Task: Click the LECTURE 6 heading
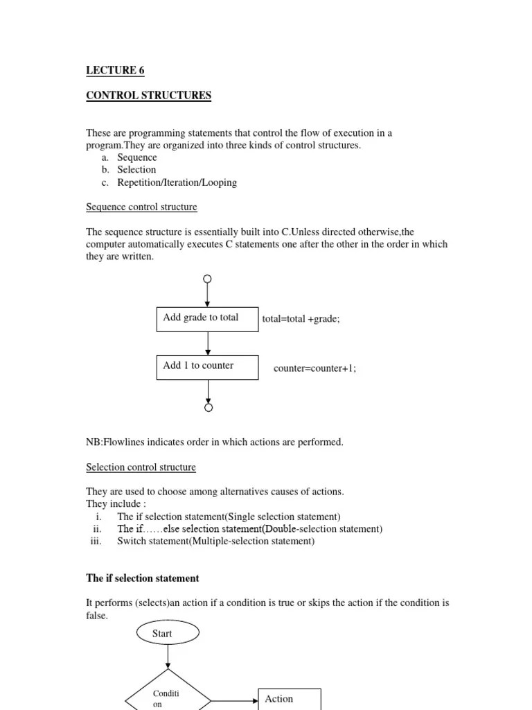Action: pos(115,70)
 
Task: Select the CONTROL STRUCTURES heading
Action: pos(148,95)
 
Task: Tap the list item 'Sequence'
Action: pos(137,157)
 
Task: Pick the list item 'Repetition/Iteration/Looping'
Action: pos(177,182)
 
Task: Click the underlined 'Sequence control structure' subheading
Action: pos(141,207)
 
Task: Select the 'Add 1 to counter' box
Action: pos(207,367)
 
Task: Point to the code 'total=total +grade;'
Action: pos(301,320)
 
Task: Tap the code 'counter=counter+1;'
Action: pos(314,368)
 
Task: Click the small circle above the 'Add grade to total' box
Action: pos(207,279)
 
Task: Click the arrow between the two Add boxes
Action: pos(208,343)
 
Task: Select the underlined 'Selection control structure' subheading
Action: pos(141,467)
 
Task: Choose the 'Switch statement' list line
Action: pos(215,541)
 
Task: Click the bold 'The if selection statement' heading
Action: pos(142,578)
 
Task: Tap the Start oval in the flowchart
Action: pos(166,633)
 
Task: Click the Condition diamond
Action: pos(168,693)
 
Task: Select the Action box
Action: pos(289,699)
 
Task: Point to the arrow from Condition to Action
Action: pos(236,700)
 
